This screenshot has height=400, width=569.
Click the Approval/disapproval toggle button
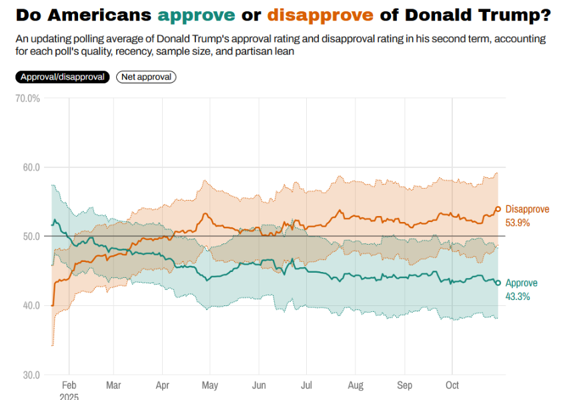tap(63, 77)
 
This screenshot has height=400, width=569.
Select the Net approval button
tap(146, 77)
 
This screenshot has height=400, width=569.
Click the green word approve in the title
tap(197, 15)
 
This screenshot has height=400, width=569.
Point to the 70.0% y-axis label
tap(28, 98)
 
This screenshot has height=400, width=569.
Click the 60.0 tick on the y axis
tap(31, 167)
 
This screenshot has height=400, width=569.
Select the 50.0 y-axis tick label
tap(31, 236)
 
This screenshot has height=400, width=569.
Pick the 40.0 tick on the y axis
tap(31, 305)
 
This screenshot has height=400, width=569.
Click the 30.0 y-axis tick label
tap(31, 375)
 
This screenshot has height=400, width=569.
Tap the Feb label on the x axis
tap(69, 385)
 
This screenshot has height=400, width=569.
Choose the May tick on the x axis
tap(209, 385)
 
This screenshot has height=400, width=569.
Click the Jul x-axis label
tap(307, 385)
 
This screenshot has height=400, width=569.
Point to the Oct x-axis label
tap(452, 385)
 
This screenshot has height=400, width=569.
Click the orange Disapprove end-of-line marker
tap(498, 209)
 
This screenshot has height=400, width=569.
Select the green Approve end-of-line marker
tap(498, 283)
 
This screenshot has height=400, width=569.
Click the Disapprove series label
tap(528, 209)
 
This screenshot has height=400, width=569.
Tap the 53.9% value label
tap(518, 223)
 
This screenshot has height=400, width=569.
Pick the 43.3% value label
tap(518, 297)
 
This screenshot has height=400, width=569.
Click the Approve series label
tap(522, 283)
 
